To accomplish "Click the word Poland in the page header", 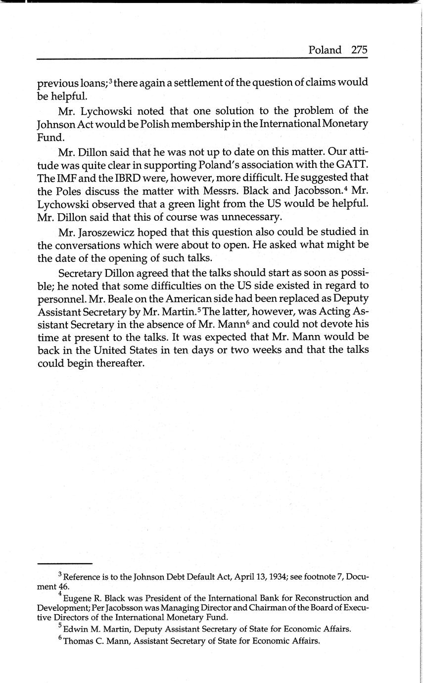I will (325, 50).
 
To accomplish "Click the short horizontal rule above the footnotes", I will (65, 564).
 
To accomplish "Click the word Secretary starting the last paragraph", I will (79, 273).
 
